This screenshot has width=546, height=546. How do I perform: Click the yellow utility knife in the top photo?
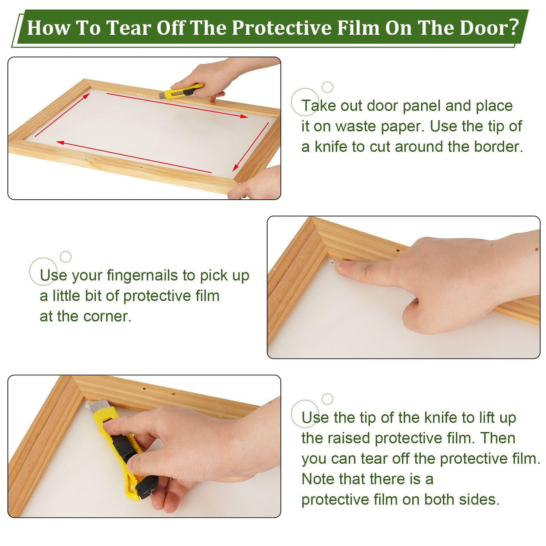pos(182,91)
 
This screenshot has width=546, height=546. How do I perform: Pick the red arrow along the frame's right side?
pos(251,147)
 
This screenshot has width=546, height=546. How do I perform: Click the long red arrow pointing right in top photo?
pos(177,105)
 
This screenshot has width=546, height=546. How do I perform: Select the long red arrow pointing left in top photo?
pos(134,157)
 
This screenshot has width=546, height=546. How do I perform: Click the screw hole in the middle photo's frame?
pos(398,250)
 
